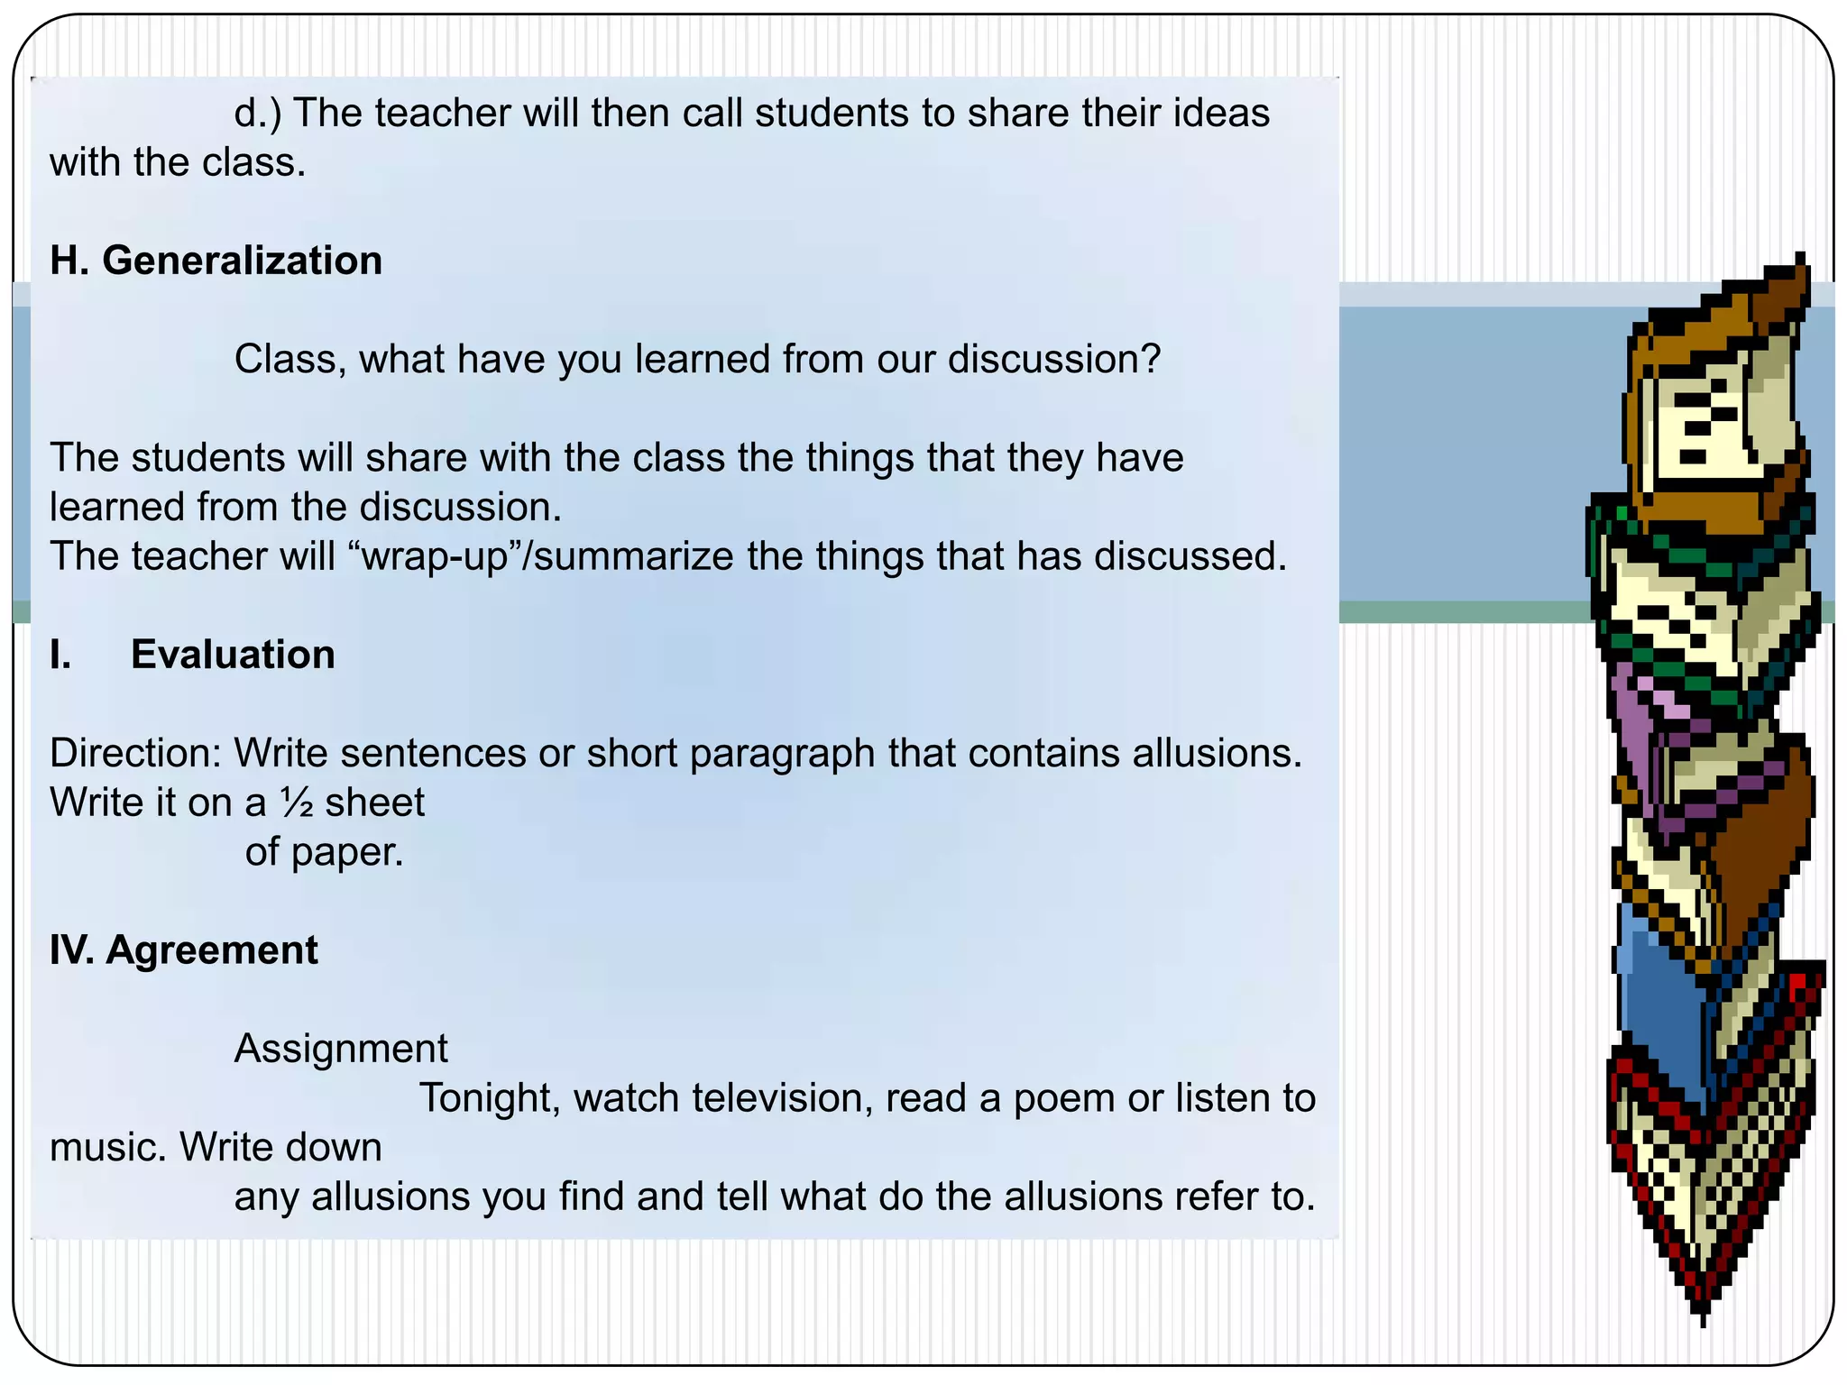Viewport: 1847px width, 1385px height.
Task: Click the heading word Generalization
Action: click(242, 261)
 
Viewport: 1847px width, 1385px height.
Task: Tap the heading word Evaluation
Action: click(233, 655)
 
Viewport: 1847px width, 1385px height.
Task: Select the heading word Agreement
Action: click(212, 950)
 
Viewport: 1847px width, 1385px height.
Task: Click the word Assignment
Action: click(341, 1049)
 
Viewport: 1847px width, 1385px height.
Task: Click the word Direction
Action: click(135, 753)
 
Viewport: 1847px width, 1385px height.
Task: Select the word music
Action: click(107, 1148)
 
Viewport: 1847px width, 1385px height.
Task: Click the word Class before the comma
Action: click(289, 359)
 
